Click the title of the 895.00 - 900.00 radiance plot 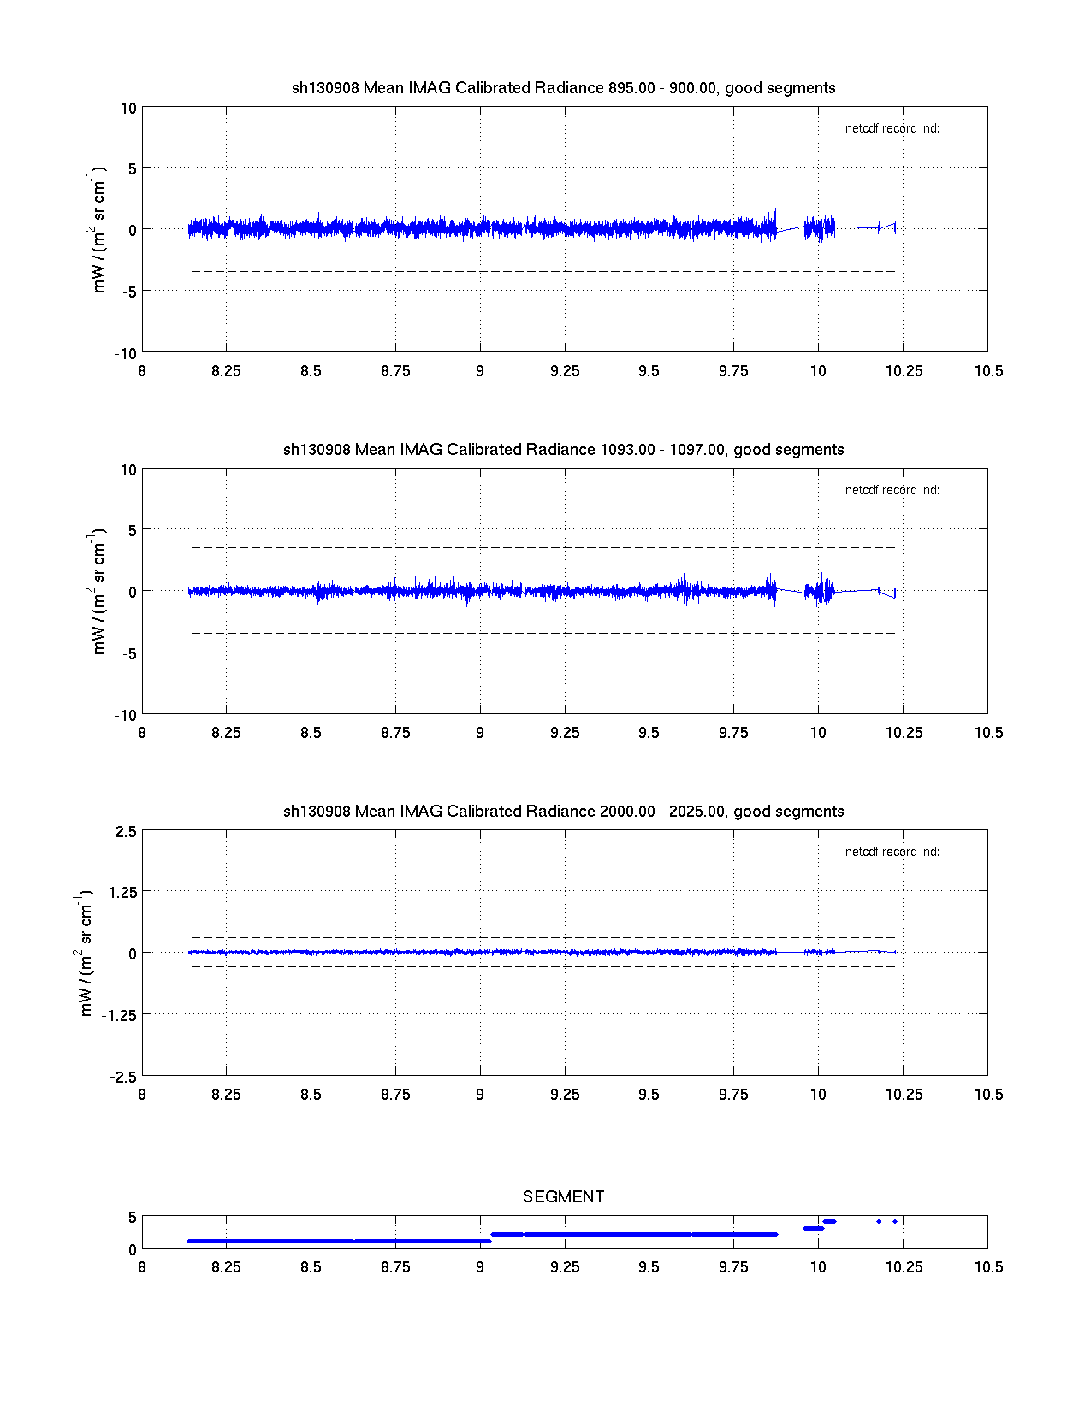pyautogui.click(x=563, y=88)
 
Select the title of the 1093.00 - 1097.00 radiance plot pyautogui.click(x=563, y=450)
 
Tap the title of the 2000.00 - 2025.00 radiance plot pyautogui.click(x=563, y=812)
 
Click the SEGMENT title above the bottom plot pyautogui.click(x=563, y=1196)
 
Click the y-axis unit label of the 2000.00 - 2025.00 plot pyautogui.click(x=85, y=953)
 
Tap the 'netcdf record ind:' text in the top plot pyautogui.click(x=892, y=128)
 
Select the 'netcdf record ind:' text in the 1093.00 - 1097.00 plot pyautogui.click(x=892, y=490)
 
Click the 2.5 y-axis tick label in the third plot pyautogui.click(x=125, y=832)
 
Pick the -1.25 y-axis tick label pyautogui.click(x=120, y=1015)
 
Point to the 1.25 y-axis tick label pyautogui.click(x=122, y=892)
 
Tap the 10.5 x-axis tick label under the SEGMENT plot pyautogui.click(x=988, y=1267)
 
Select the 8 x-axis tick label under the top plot pyautogui.click(x=142, y=371)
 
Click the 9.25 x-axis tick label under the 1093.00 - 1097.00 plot pyautogui.click(x=564, y=733)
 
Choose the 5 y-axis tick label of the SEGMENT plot pyautogui.click(x=132, y=1217)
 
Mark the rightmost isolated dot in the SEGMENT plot pyautogui.click(x=895, y=1221)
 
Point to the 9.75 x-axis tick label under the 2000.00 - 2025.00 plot pyautogui.click(x=733, y=1095)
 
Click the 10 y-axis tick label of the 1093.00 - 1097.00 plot pyautogui.click(x=128, y=469)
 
